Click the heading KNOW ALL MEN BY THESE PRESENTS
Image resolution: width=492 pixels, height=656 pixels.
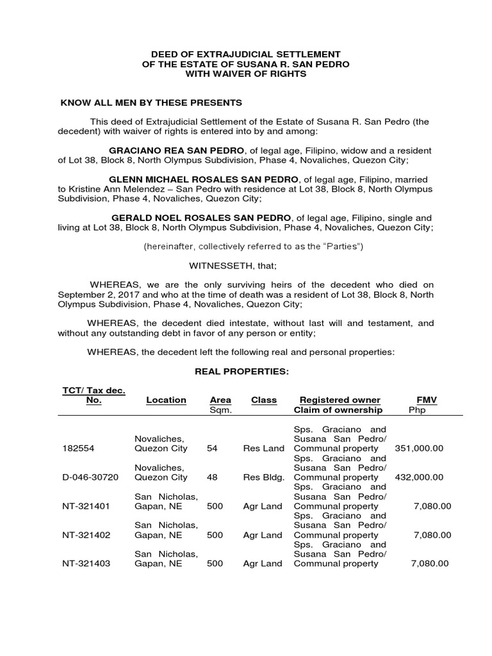tap(151, 102)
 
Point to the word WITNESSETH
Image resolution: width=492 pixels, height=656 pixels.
tap(222, 265)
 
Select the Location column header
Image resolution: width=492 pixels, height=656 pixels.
tap(166, 400)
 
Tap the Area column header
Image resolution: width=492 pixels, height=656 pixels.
tap(220, 400)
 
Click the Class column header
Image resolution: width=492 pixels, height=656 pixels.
tap(264, 400)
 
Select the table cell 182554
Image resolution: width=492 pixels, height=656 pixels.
tap(78, 448)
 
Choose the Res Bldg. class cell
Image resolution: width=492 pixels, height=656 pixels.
tap(263, 477)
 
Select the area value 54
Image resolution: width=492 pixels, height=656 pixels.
tap(212, 448)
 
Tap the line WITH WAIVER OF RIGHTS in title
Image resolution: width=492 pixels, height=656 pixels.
tap(246, 74)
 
